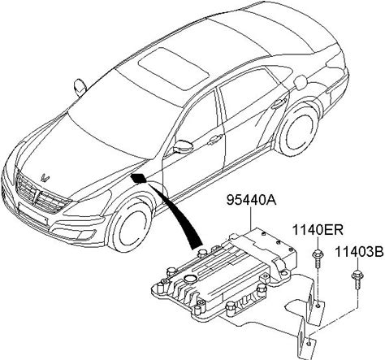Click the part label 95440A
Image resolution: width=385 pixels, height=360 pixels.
point(252,201)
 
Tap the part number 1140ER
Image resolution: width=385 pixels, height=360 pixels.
point(318,231)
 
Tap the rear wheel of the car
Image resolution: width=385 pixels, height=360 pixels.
point(299,130)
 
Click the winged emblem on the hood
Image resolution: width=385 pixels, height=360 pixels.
point(45,178)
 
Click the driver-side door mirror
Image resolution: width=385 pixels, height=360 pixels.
point(182,147)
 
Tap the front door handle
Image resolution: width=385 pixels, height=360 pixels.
point(215,139)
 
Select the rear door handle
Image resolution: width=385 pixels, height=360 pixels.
point(279,103)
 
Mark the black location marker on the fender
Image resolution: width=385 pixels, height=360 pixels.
point(138,179)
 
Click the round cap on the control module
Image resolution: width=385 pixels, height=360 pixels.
point(189,278)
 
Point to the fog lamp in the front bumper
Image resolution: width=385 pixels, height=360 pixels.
point(85,234)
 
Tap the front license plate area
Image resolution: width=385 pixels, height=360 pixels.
point(32,215)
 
